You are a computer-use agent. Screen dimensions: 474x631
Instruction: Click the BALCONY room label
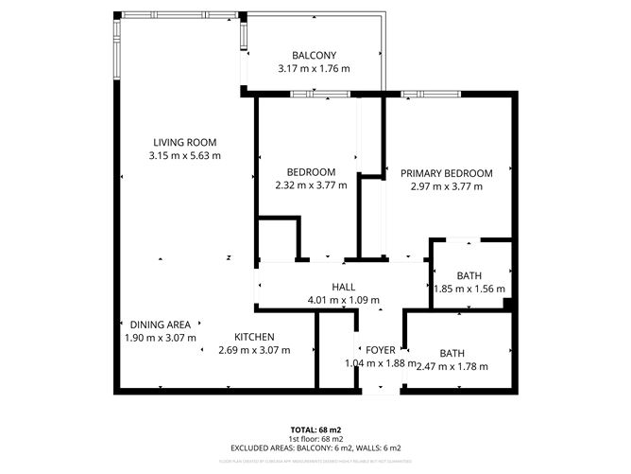coord(314,56)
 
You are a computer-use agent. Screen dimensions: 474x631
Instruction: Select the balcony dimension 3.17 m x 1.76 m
coord(314,69)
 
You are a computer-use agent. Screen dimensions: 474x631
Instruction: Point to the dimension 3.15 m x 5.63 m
coord(185,155)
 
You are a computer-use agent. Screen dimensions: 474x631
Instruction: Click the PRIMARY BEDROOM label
coord(447,173)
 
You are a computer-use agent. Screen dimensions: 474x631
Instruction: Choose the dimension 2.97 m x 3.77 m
coord(447,186)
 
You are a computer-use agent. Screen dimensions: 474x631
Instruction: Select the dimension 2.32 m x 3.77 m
coord(311,185)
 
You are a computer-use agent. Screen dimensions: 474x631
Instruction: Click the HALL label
coord(343,288)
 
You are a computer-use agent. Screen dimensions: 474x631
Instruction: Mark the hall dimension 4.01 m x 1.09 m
coord(343,301)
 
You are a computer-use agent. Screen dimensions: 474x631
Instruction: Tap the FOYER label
coord(381,350)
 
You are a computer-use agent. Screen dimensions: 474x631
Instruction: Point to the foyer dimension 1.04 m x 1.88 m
coord(381,365)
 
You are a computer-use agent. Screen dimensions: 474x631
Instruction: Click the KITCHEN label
coord(254,337)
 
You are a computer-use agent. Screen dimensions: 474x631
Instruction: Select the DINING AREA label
coord(161,324)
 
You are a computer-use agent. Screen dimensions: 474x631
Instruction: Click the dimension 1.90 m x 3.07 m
coord(161,337)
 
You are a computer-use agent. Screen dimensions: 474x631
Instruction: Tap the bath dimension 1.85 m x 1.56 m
coord(469,290)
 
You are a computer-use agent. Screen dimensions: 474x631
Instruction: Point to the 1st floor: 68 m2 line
coord(315,439)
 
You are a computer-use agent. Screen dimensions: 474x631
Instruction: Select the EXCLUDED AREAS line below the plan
coord(315,448)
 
